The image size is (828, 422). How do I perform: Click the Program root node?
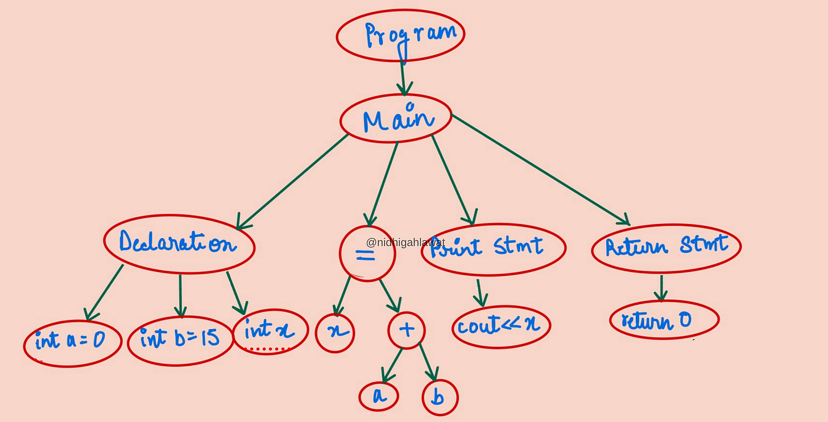(400, 34)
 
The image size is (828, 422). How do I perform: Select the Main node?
(396, 119)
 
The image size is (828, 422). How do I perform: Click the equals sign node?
(367, 254)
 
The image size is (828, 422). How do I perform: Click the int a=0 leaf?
(72, 341)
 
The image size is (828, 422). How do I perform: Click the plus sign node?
(407, 330)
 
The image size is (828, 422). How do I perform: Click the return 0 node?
(664, 320)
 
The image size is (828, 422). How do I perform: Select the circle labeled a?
(379, 396)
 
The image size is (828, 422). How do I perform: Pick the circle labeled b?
(440, 398)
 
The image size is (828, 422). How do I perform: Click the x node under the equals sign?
(335, 332)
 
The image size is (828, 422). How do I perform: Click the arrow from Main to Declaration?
(293, 181)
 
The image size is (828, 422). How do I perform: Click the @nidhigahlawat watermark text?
(405, 243)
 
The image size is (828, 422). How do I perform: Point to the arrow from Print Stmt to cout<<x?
(481, 292)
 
